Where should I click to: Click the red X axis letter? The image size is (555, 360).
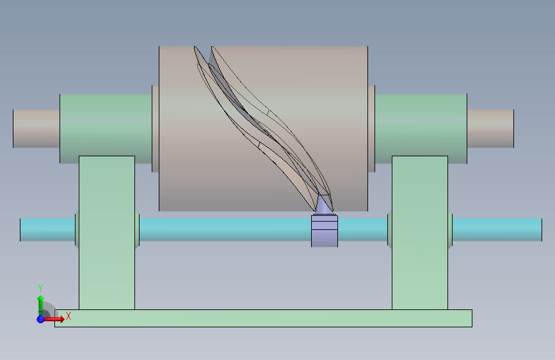coord(68,316)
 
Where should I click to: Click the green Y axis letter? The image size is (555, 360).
coord(40,288)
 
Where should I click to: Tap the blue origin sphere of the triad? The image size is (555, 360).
coord(40,319)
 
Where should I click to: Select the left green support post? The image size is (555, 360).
coord(107,233)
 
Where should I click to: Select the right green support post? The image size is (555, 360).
coord(420,233)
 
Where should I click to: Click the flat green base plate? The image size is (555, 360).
coord(263,318)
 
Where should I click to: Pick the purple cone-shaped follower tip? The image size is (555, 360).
coord(324,204)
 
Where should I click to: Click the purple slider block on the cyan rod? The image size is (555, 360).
coord(325,231)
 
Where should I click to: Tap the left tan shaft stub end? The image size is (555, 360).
coord(36,129)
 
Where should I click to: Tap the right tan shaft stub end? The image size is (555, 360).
coord(490,129)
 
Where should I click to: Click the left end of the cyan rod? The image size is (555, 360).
coord(20,230)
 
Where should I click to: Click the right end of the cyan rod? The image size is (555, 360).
coord(542,230)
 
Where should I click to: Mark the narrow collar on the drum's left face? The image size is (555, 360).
coord(156,129)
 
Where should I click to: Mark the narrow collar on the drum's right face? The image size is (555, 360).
coord(371,129)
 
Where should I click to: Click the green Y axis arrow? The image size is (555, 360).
coord(41,306)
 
